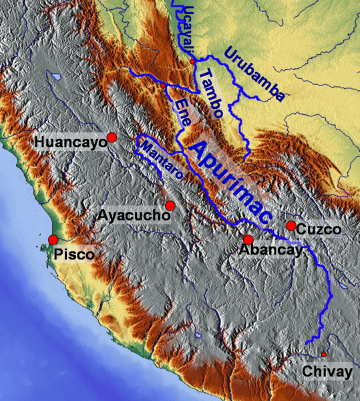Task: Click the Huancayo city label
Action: pyautogui.click(x=70, y=142)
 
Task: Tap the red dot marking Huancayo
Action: pyautogui.click(x=112, y=137)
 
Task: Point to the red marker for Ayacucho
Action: pyautogui.click(x=170, y=205)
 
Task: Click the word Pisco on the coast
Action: pyautogui.click(x=74, y=254)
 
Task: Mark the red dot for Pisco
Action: pyautogui.click(x=53, y=239)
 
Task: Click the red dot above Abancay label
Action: pyautogui.click(x=248, y=239)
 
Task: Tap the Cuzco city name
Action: pyautogui.click(x=319, y=229)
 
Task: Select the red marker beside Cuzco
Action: pyautogui.click(x=291, y=226)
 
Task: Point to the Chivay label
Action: pyautogui.click(x=327, y=372)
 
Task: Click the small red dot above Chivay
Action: pyautogui.click(x=324, y=354)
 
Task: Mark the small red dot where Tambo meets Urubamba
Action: pyautogui.click(x=192, y=61)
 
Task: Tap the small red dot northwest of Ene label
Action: pyautogui.click(x=163, y=86)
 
